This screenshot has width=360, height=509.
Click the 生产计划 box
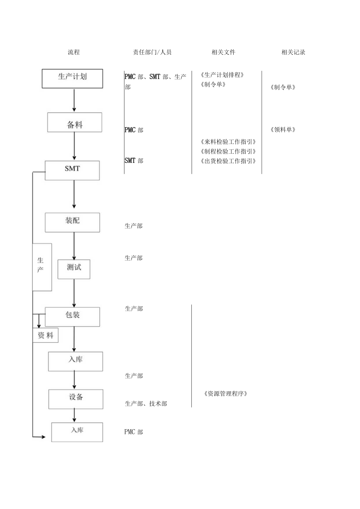pos(72,78)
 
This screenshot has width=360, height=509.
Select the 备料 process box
pos(74,122)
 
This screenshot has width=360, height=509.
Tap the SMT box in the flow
pos(72,170)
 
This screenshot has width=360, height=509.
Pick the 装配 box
pos(72,222)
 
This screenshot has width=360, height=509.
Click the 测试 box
pos(74,269)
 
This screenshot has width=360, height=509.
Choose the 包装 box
pos(72,317)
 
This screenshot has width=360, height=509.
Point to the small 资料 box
pos(45,335)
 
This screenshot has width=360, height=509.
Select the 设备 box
pos(76,399)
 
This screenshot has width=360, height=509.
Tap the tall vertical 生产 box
pos(42,267)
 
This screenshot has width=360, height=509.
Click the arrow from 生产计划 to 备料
pos(74,100)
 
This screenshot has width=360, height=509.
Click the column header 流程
pos(74,52)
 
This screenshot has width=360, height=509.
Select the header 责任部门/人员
pos(152,52)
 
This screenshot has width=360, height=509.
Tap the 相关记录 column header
pos(293,52)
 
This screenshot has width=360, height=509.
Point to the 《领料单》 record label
pos(283,130)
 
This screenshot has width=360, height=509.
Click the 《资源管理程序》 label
pos(226,394)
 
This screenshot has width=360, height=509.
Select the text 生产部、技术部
pos(146,403)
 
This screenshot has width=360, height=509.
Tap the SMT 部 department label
pos(134,160)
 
